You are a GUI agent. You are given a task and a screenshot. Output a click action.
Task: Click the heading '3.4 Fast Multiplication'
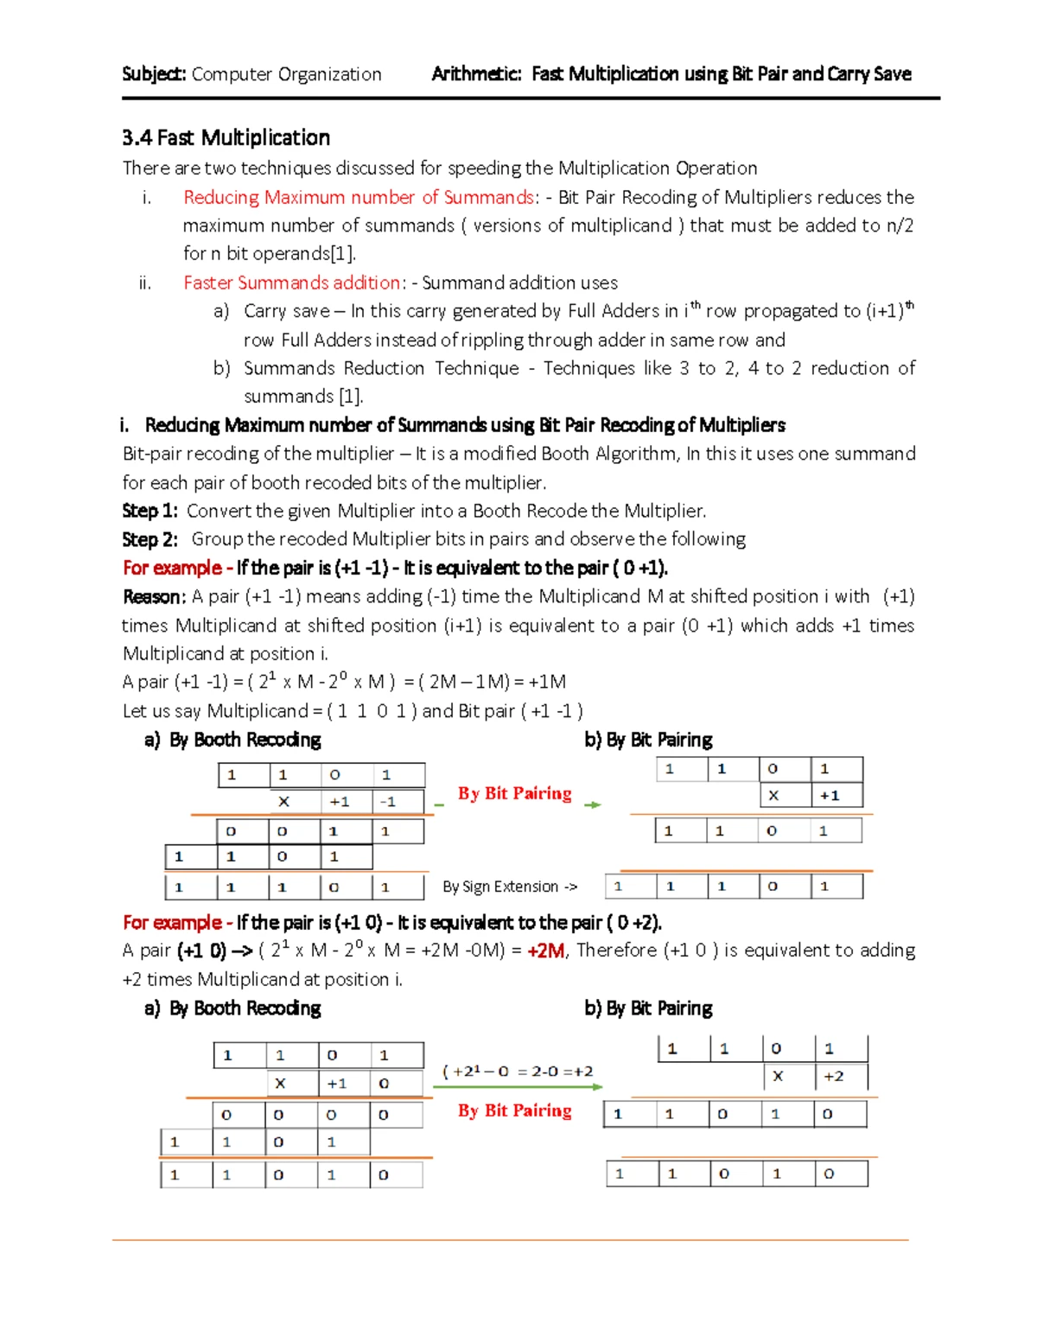pyautogui.click(x=226, y=138)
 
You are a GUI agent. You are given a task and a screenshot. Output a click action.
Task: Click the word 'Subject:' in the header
pyautogui.click(x=154, y=74)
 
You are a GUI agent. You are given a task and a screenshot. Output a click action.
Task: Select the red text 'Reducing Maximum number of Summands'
pyautogui.click(x=358, y=197)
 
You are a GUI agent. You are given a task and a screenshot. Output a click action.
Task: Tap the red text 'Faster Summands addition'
pyautogui.click(x=291, y=283)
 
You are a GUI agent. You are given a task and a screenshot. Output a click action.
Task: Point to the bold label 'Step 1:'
pyautogui.click(x=150, y=511)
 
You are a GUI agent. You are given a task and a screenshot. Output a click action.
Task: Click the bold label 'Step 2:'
pyautogui.click(x=150, y=539)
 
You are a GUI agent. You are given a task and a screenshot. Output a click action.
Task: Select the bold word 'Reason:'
pyautogui.click(x=153, y=596)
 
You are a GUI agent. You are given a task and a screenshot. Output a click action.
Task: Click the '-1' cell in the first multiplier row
pyautogui.click(x=389, y=802)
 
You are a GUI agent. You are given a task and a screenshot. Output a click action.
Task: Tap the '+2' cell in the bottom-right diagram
pyautogui.click(x=833, y=1077)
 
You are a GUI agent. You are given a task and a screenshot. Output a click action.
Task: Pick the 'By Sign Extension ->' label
pyautogui.click(x=509, y=887)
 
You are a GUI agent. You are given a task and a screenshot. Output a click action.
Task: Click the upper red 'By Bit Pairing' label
pyautogui.click(x=514, y=793)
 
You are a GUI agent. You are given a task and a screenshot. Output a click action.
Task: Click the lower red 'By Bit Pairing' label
pyautogui.click(x=514, y=1110)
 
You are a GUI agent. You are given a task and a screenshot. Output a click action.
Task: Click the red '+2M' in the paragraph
pyautogui.click(x=545, y=951)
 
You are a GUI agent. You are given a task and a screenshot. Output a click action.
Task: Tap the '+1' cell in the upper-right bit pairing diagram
pyautogui.click(x=830, y=796)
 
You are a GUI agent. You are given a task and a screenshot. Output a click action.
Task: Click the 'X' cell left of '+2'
pyautogui.click(x=778, y=1077)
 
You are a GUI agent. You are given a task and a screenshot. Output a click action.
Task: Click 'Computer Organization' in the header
pyautogui.click(x=286, y=74)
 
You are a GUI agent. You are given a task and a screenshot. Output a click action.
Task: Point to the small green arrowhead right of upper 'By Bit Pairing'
pyautogui.click(x=593, y=805)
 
